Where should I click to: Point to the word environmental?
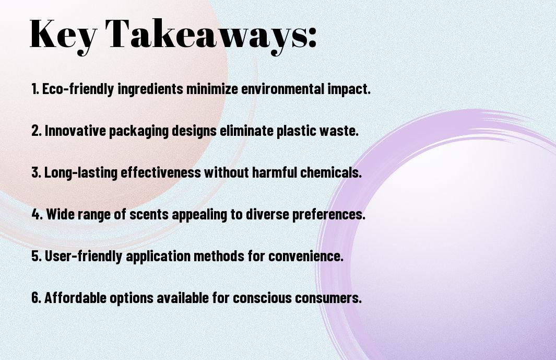tap(282, 89)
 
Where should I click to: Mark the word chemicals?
tap(331, 172)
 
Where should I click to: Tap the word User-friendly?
tap(84, 256)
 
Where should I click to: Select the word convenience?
tap(305, 256)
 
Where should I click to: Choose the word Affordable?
tap(76, 297)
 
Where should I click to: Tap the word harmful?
tap(275, 172)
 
